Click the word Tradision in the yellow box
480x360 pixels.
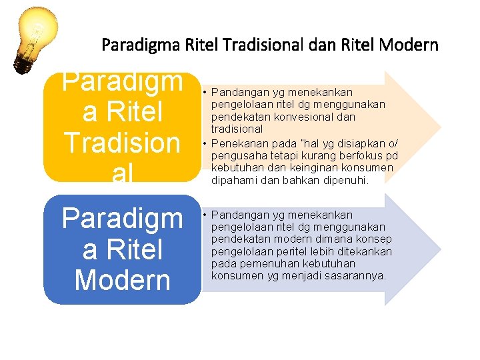(x=122, y=143)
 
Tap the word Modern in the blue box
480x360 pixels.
(x=122, y=280)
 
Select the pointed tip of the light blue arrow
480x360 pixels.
(x=439, y=250)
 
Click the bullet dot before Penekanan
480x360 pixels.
(x=205, y=142)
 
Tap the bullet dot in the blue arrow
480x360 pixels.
(x=205, y=215)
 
